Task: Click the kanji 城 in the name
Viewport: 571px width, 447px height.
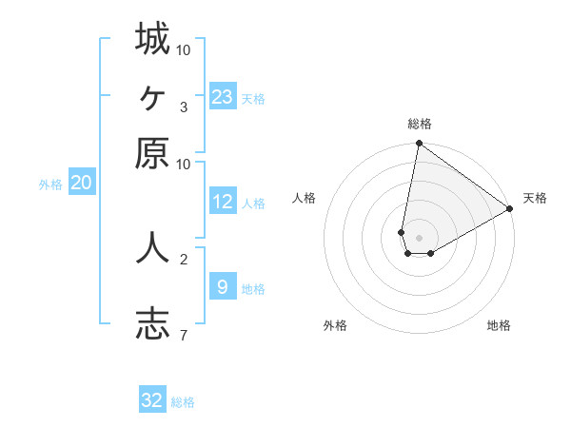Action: click(152, 39)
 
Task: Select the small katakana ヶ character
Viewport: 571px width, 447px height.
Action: click(152, 96)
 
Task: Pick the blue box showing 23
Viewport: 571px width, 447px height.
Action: click(222, 97)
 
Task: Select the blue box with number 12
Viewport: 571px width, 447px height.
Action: click(222, 202)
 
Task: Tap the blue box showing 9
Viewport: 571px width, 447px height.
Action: click(222, 286)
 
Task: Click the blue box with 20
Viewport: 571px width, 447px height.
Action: click(81, 183)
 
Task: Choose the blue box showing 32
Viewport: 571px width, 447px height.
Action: click(152, 400)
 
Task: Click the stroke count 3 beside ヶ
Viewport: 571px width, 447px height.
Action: click(184, 107)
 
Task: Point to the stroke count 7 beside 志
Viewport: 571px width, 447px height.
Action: click(184, 334)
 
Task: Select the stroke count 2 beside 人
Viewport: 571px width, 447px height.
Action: click(184, 258)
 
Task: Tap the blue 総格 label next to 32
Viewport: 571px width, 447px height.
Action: click(183, 402)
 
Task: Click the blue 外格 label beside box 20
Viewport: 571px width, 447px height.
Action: click(50, 185)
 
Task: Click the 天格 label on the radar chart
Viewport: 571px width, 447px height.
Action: click(535, 198)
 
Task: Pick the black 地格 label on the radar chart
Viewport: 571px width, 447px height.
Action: click(499, 325)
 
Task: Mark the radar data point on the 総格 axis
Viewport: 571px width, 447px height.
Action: click(419, 145)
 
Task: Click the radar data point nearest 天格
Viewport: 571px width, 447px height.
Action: click(510, 209)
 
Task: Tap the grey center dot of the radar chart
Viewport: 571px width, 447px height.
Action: click(419, 238)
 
